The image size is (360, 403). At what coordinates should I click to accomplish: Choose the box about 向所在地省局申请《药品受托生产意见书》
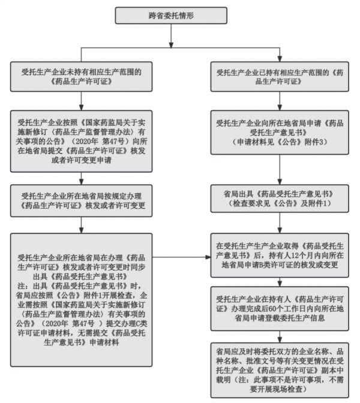coord(278,136)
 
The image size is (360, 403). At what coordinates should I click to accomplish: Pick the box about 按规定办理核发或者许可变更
coord(80,201)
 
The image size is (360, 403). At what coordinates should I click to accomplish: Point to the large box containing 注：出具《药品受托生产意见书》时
coord(80,290)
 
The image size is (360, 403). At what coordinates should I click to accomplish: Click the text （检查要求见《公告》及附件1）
coord(278,204)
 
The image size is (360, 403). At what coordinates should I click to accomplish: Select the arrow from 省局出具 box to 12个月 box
coord(278,225)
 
